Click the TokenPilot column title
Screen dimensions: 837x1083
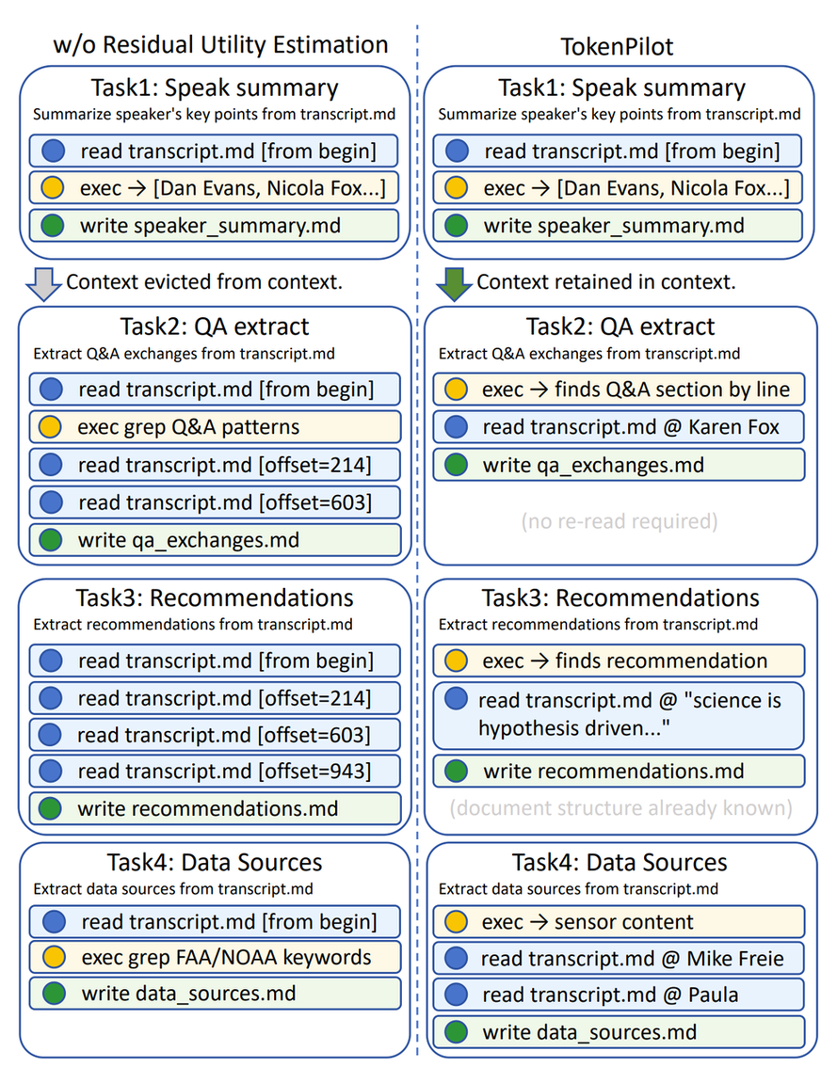tap(617, 46)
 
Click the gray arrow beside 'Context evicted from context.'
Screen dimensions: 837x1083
tap(43, 284)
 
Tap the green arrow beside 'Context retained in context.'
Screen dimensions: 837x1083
tap(454, 284)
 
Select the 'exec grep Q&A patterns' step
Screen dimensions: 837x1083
tap(215, 427)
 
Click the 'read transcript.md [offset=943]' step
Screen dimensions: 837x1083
tap(215, 771)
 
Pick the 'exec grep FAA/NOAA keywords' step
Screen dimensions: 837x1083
tap(215, 957)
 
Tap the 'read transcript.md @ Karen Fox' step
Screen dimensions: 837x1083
tap(619, 427)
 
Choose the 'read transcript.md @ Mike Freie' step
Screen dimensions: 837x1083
tap(619, 958)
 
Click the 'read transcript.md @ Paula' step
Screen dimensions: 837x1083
tap(619, 995)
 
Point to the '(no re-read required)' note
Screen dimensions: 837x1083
tap(620, 520)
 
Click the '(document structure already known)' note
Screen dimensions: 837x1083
tap(620, 807)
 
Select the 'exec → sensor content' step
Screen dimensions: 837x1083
tap(619, 921)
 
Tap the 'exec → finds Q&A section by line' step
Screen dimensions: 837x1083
tap(619, 390)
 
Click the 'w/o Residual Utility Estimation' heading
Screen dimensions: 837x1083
tap(220, 45)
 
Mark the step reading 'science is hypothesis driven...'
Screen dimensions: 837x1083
tap(619, 715)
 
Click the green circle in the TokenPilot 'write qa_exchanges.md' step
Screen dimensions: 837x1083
tap(457, 465)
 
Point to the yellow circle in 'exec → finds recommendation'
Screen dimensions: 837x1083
tap(457, 661)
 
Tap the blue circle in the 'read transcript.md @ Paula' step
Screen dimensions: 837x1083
tap(457, 995)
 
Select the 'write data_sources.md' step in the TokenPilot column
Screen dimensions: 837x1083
tap(619, 1032)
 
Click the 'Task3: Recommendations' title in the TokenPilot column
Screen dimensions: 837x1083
tap(620, 597)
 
